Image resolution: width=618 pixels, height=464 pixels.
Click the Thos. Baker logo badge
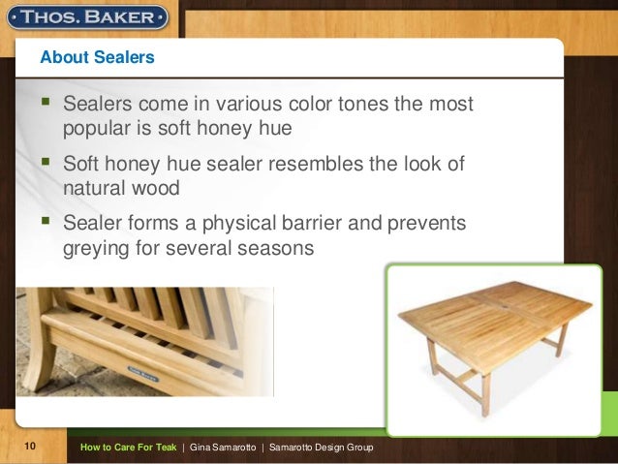[87, 17]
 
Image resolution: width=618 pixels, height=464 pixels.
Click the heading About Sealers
[98, 57]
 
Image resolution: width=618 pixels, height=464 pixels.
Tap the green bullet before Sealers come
[46, 102]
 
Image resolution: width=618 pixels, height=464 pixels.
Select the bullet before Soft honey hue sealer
[46, 161]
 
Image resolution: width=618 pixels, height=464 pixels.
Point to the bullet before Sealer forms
[46, 220]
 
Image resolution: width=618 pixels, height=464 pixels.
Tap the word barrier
[312, 223]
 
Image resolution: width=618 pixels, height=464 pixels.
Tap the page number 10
[30, 446]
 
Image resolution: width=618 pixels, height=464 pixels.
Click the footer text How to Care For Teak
[129, 448]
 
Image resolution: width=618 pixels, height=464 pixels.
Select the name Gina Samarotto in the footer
[223, 448]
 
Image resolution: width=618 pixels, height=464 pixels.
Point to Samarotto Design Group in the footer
[322, 448]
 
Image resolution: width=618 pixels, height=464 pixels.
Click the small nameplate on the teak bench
[142, 374]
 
